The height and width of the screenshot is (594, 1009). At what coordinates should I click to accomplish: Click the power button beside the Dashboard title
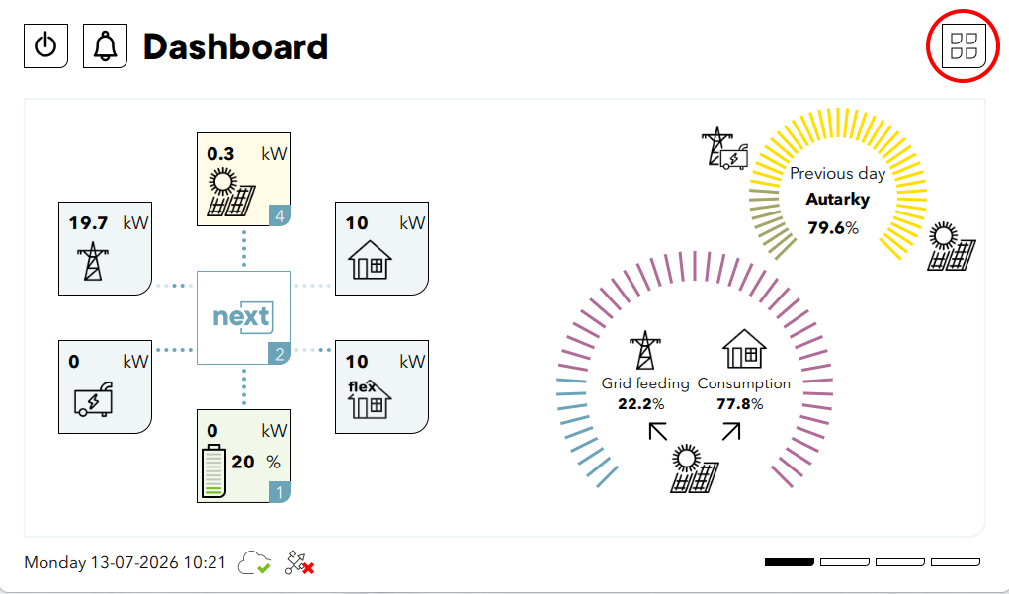click(x=45, y=45)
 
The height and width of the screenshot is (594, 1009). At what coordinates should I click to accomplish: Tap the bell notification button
click(x=105, y=45)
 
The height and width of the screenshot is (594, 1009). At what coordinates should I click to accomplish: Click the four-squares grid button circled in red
click(x=964, y=45)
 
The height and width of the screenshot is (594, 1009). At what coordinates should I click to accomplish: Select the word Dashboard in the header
click(x=235, y=47)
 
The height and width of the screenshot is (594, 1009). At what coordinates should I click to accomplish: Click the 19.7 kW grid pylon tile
click(x=105, y=248)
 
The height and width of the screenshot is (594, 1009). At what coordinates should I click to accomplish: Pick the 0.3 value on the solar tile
click(x=220, y=154)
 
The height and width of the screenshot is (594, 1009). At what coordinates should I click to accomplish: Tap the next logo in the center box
click(x=241, y=316)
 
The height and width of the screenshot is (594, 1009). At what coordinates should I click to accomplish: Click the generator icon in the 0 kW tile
click(x=94, y=399)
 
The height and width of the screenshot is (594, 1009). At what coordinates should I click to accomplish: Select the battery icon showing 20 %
click(x=214, y=471)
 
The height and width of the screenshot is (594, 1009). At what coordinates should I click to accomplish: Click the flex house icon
click(x=370, y=399)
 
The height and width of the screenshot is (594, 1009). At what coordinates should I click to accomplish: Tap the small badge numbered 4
click(x=280, y=216)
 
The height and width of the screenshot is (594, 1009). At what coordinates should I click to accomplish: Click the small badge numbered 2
click(x=280, y=354)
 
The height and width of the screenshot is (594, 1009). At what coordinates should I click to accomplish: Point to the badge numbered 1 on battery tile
click(x=280, y=492)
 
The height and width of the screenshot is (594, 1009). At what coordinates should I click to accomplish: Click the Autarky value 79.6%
click(x=833, y=228)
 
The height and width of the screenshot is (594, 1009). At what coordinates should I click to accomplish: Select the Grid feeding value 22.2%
click(x=641, y=404)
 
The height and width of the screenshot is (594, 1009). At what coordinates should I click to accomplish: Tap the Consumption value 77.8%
click(x=740, y=404)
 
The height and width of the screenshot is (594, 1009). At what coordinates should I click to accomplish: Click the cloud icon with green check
click(x=255, y=563)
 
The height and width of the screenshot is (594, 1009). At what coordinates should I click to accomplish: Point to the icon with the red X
click(x=299, y=563)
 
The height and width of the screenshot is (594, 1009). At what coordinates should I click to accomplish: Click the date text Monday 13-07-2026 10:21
click(x=125, y=563)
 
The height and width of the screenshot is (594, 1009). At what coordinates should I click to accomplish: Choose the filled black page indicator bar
click(x=790, y=562)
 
